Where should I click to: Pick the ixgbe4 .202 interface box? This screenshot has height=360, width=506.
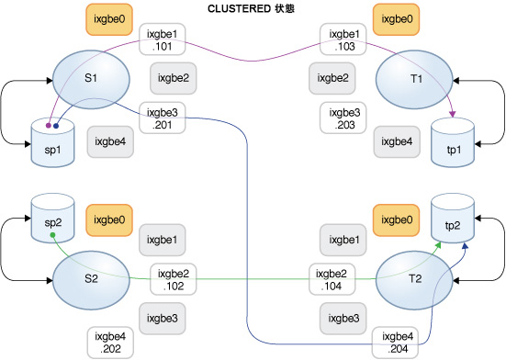[113, 343]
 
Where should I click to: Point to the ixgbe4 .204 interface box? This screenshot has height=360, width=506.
[398, 343]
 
